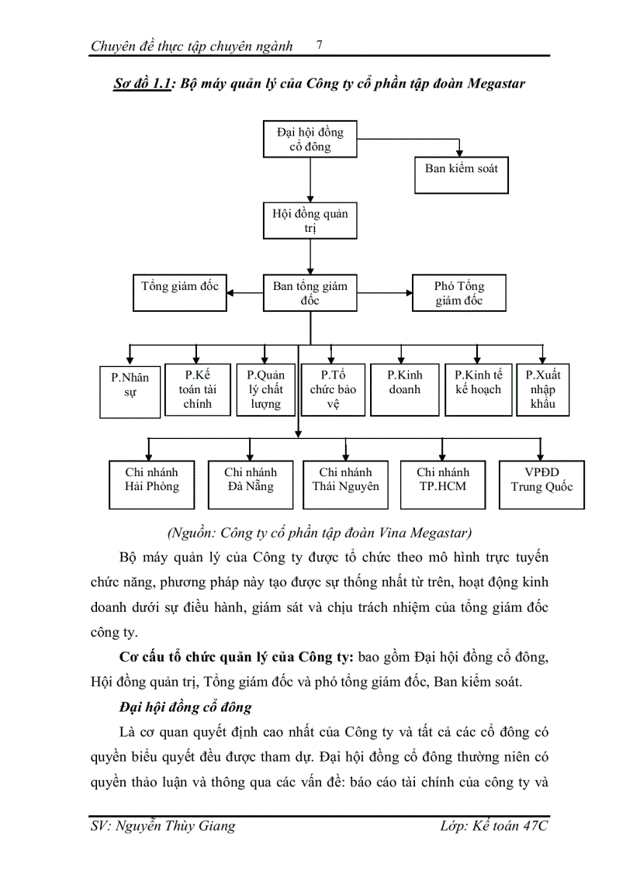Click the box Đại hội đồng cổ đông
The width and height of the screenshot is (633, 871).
coord(310,140)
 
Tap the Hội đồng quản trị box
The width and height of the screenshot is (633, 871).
coord(310,220)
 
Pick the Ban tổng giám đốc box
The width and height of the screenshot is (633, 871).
coord(310,292)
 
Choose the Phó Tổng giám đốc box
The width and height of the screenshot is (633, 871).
coord(459,292)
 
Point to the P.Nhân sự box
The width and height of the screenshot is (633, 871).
coord(130,391)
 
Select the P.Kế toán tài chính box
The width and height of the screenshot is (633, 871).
coord(197,389)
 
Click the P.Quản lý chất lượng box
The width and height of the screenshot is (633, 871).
coord(265,389)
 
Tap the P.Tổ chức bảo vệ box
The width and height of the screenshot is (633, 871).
coord(333,389)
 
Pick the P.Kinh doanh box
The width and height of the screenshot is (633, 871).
coord(404,389)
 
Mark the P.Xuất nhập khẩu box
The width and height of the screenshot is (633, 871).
coord(542,389)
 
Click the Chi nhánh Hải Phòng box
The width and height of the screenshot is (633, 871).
coord(151,485)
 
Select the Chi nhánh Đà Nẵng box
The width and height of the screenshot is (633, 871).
coord(250,485)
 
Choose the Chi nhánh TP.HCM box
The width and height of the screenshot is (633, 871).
coord(442,485)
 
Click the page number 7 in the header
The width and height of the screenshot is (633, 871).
coord(320,45)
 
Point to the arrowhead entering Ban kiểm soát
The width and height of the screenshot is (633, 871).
coord(460,152)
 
